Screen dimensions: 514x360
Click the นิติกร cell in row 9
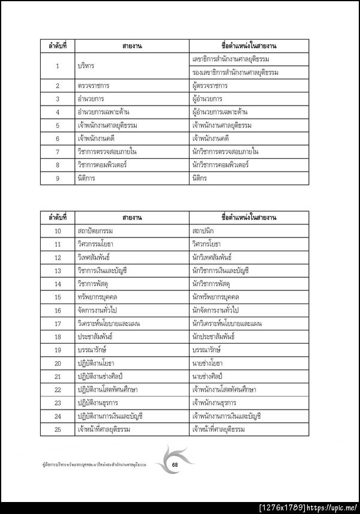click(201, 178)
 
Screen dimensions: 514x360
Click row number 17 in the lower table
click(58, 323)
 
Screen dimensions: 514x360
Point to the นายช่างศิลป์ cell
click(211, 376)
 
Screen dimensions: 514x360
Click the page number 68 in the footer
click(175, 464)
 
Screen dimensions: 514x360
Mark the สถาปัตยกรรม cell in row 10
click(95, 231)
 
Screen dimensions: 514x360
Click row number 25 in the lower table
click(58, 429)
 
